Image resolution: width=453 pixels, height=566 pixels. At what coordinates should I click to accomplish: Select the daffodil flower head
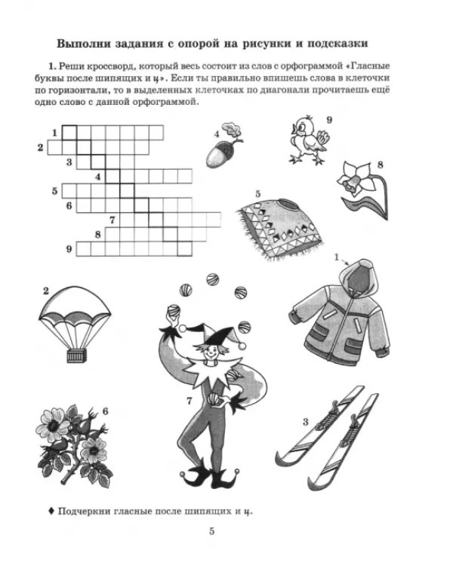pyautogui.click(x=355, y=178)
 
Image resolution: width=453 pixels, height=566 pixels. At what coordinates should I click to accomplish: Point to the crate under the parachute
pyautogui.click(x=76, y=356)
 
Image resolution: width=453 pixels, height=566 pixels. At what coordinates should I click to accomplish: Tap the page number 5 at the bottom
pyautogui.click(x=211, y=531)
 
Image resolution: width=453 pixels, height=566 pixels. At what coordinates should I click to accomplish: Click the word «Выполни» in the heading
pyautogui.click(x=83, y=44)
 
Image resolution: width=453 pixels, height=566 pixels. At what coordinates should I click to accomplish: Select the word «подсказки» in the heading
pyautogui.click(x=337, y=44)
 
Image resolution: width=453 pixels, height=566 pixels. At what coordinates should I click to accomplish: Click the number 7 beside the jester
pyautogui.click(x=190, y=401)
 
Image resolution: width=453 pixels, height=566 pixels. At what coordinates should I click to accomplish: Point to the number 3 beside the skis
pyautogui.click(x=306, y=422)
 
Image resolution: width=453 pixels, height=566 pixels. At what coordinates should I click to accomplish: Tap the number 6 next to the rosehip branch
pyautogui.click(x=105, y=411)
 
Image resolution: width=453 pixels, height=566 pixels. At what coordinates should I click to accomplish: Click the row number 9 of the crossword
pyautogui.click(x=69, y=249)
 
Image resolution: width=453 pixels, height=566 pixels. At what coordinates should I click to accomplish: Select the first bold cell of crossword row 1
pyautogui.click(x=69, y=133)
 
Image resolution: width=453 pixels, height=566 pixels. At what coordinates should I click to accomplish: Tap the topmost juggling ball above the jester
pyautogui.click(x=212, y=279)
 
